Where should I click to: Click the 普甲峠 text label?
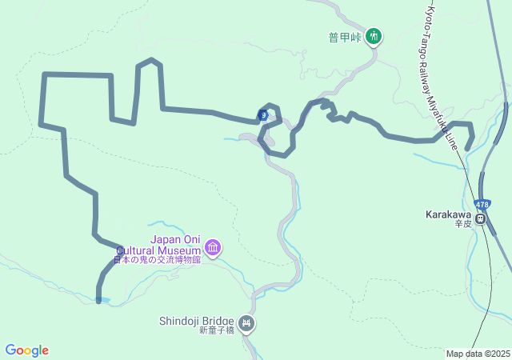coord(346,36)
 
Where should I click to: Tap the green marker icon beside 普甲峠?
coord(373,36)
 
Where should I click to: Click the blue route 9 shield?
coord(263,115)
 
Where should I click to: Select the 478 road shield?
coord(482,204)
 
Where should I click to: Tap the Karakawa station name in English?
coord(449,215)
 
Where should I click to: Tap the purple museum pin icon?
coord(213,249)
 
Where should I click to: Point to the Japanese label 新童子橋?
coord(216,331)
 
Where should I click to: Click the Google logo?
coord(26,350)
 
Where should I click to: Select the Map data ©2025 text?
coord(478,354)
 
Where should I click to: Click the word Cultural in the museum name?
coord(153,249)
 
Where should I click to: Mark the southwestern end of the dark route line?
coord(98,301)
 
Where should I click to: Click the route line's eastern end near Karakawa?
coord(467,148)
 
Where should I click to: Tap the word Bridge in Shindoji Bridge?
coord(218,321)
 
